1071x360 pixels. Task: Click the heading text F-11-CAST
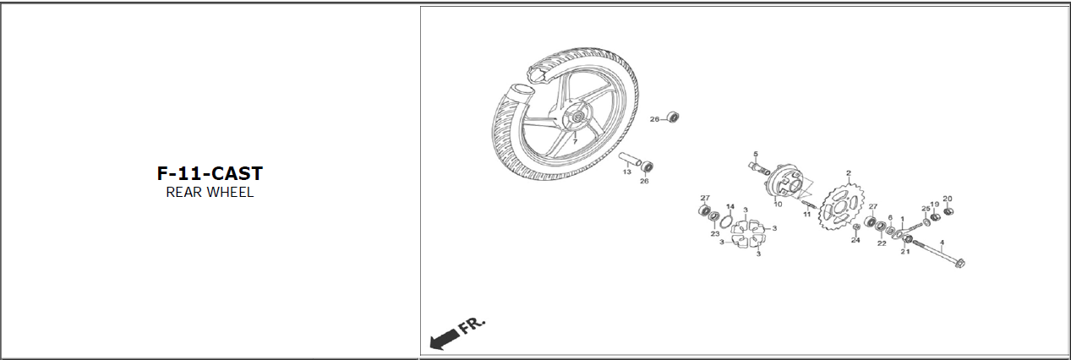pyautogui.click(x=210, y=173)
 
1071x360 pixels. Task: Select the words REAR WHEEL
pyautogui.click(x=210, y=192)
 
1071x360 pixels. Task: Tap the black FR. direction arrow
pyautogui.click(x=445, y=339)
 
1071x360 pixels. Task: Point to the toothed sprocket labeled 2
pyautogui.click(x=834, y=205)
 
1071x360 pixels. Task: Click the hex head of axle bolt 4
pyautogui.click(x=959, y=263)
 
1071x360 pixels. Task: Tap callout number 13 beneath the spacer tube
pyautogui.click(x=627, y=172)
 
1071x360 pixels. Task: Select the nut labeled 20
pyautogui.click(x=949, y=210)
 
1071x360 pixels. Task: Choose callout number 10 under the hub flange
pyautogui.click(x=778, y=205)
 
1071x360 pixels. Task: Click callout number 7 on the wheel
pyautogui.click(x=575, y=141)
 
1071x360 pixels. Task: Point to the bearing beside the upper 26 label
pyautogui.click(x=673, y=117)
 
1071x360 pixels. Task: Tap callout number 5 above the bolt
pyautogui.click(x=756, y=154)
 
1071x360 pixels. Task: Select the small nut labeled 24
pyautogui.click(x=856, y=226)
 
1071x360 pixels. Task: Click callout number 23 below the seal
pyautogui.click(x=715, y=234)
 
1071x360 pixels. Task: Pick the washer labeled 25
pyautogui.click(x=926, y=222)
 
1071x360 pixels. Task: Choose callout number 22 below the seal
pyautogui.click(x=882, y=243)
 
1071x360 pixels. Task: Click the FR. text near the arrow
pyautogui.click(x=472, y=325)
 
